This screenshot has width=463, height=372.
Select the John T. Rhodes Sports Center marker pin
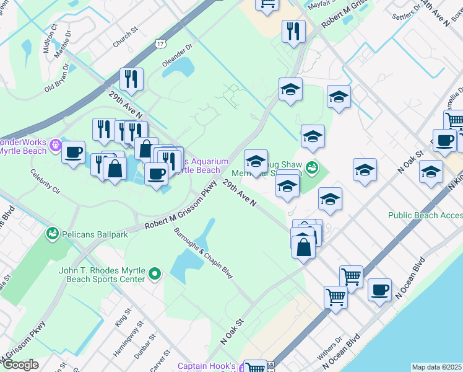coord(155,272)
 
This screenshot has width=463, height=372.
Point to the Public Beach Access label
coord(425,215)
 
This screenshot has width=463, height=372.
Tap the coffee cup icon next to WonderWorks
coord(74,152)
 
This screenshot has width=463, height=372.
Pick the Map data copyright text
coord(437,367)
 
